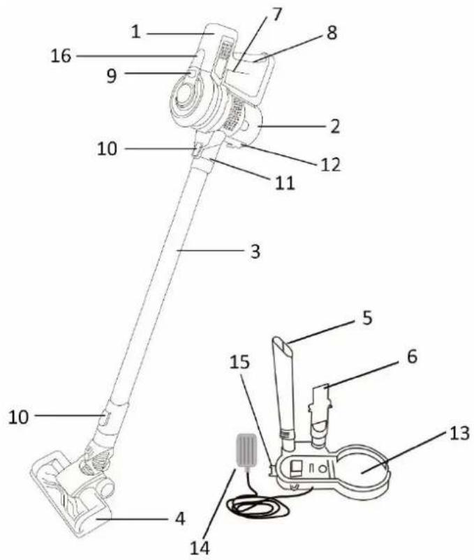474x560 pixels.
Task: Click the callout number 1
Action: tap(136, 33)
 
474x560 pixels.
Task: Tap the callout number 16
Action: tap(61, 56)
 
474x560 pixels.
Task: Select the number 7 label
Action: tap(275, 14)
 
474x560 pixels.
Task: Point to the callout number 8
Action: tap(332, 33)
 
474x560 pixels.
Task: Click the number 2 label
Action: tap(334, 126)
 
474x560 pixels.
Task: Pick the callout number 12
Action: tap(330, 165)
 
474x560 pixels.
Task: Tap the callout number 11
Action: tap(285, 183)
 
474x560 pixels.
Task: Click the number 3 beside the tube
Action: tap(255, 252)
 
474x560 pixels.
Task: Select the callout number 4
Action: tap(180, 519)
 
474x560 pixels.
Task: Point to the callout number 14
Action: tap(200, 548)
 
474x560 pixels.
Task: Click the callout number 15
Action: tap(239, 362)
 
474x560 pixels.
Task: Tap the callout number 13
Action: tap(458, 434)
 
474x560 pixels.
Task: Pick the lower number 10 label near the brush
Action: tap(19, 417)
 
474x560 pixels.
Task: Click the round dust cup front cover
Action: tap(185, 97)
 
